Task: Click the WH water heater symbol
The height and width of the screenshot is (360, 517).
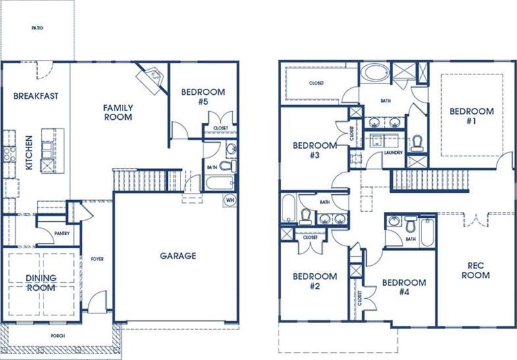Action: point(230,200)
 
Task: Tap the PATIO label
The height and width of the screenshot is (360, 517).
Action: point(38,28)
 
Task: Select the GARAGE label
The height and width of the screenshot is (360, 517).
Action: point(178,256)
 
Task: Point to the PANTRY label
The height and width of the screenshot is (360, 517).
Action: point(62,234)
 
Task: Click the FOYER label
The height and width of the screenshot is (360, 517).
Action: point(97,259)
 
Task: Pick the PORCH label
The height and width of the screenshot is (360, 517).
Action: point(58,336)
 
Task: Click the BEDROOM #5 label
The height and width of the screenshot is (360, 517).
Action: point(203,97)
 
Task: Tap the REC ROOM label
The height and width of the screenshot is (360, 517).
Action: point(476,270)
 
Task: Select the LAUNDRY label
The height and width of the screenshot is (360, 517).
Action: point(393,153)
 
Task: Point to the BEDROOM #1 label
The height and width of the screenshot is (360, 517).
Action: point(472,116)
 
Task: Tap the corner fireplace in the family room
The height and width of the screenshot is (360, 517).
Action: point(151,78)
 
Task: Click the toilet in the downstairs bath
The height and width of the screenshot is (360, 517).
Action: point(228,166)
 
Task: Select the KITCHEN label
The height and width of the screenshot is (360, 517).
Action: point(29,153)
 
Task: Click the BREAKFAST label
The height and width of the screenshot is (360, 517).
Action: point(36,96)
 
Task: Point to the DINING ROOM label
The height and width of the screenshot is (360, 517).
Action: point(41,283)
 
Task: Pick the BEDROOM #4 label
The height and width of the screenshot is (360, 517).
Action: point(404,287)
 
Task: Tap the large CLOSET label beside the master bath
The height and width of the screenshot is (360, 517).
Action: point(316,84)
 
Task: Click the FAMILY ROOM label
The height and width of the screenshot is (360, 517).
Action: point(118,113)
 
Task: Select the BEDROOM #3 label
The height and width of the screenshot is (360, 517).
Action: point(315,150)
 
